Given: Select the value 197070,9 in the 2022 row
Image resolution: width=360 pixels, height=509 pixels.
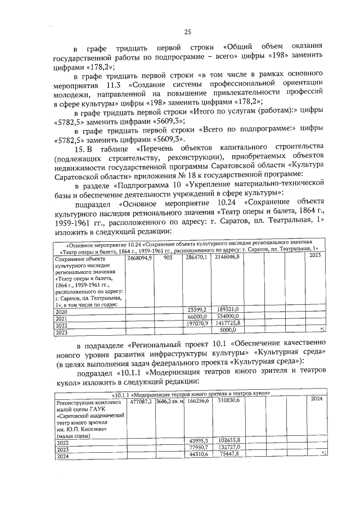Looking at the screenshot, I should coord(196,325).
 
